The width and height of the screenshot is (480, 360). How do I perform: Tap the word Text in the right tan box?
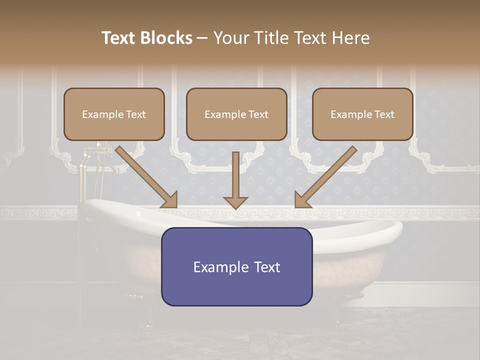pos(384,114)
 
